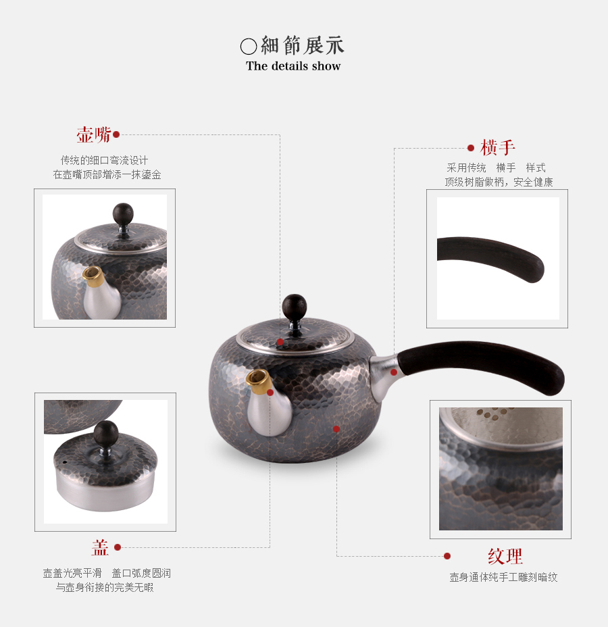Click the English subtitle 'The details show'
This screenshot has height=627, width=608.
pyautogui.click(x=293, y=66)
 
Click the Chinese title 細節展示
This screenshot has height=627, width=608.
pyautogui.click(x=302, y=45)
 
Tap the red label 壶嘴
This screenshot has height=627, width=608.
pyautogui.click(x=93, y=134)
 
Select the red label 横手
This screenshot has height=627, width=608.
pyautogui.click(x=497, y=148)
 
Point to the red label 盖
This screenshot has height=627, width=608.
pyautogui.click(x=100, y=547)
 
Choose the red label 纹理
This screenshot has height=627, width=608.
pyautogui.click(x=505, y=556)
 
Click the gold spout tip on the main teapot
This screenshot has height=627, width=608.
pyautogui.click(x=259, y=381)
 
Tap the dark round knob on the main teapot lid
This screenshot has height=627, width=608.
pyautogui.click(x=295, y=307)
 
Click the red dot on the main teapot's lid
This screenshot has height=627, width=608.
pyautogui.click(x=280, y=342)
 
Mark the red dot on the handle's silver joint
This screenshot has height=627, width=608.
pyautogui.click(x=394, y=373)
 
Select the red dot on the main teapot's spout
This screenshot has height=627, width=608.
pyautogui.click(x=270, y=393)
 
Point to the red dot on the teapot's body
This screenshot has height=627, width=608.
pyautogui.click(x=336, y=429)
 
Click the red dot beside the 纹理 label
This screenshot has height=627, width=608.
pyautogui.click(x=447, y=556)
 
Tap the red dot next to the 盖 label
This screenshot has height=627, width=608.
pyautogui.click(x=118, y=547)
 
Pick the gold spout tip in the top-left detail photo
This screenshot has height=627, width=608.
pyautogui.click(x=93, y=277)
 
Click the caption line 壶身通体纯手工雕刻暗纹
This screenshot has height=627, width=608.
pyautogui.click(x=503, y=577)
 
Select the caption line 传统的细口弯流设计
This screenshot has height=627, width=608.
pyautogui.click(x=104, y=160)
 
